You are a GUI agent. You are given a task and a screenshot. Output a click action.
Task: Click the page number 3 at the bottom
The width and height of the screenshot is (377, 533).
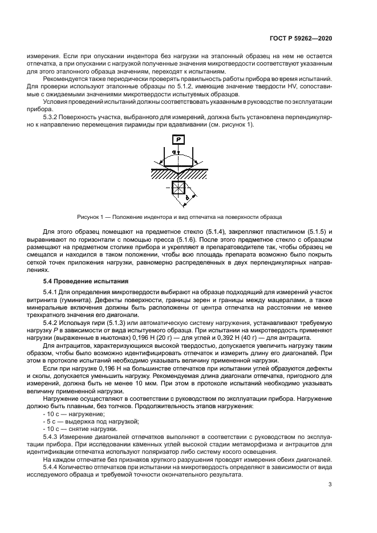[330, 485]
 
